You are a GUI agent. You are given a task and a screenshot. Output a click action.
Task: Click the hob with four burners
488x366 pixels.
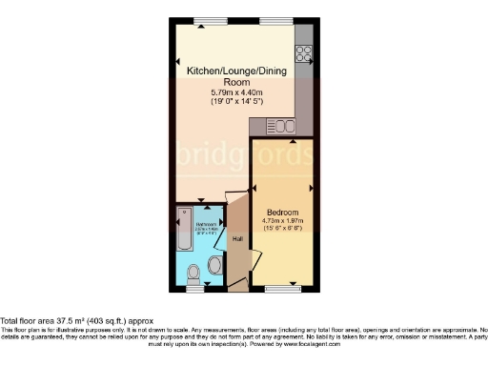tap(304, 54)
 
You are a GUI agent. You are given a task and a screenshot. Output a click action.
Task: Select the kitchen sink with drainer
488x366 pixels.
tap(282, 125)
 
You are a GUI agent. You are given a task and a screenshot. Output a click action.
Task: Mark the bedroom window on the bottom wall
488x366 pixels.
tap(282, 288)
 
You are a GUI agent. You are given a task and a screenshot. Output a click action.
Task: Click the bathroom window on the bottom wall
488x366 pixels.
tap(194, 288)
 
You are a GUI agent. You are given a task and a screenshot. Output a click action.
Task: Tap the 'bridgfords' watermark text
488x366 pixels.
tap(244, 154)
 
